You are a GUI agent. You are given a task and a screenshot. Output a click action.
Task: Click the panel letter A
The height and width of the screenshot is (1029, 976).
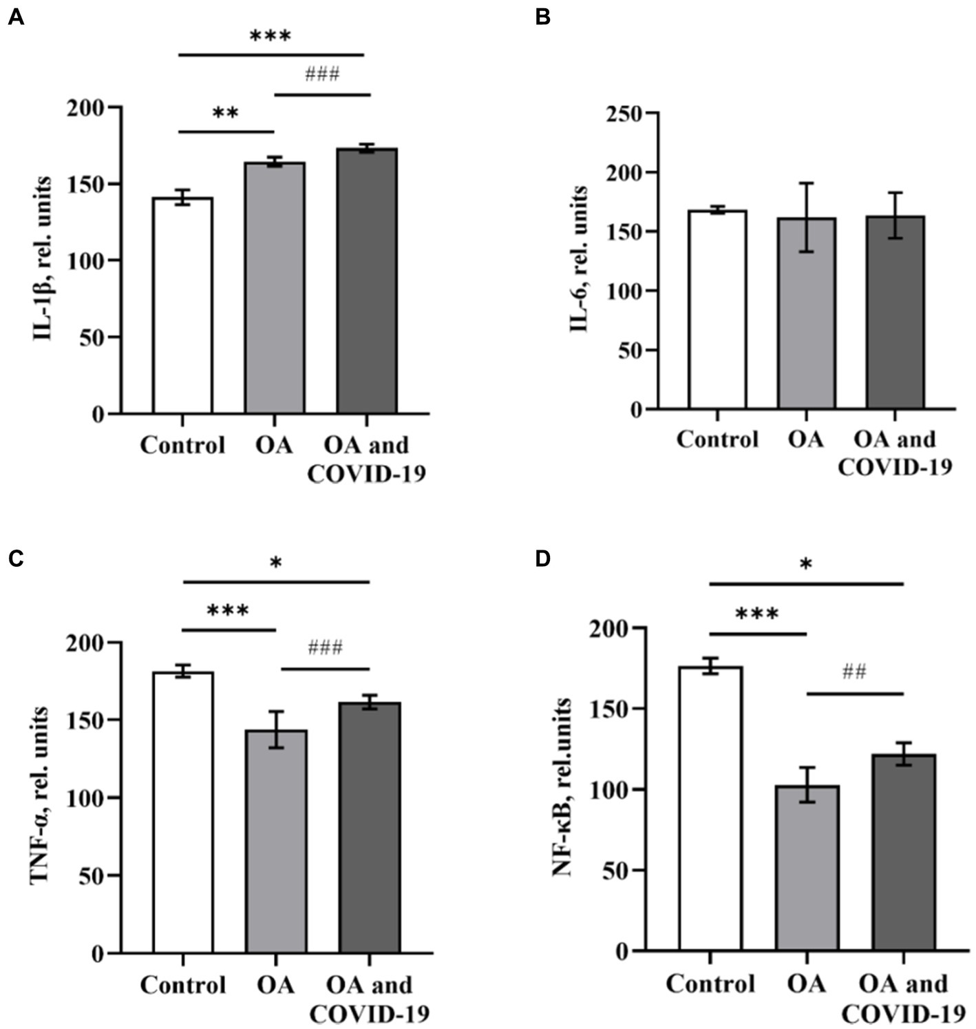(15, 18)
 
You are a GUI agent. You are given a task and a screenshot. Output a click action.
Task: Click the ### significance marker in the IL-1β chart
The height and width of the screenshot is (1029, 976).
(322, 74)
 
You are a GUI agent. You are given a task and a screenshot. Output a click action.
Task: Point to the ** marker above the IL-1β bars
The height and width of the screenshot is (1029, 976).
(226, 114)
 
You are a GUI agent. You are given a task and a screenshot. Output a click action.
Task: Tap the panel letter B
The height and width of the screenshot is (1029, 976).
(542, 18)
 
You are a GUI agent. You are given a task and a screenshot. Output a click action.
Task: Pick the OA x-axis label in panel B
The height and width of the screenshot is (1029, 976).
(806, 439)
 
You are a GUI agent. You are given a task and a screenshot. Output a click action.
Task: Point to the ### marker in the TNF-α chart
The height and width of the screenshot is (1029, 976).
(325, 647)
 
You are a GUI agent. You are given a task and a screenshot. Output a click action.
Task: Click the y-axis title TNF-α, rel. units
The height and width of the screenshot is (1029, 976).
(40, 796)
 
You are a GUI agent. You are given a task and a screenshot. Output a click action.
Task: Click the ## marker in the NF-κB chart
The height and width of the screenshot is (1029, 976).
(853, 672)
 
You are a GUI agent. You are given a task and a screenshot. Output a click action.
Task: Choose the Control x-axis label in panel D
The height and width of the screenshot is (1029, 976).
(710, 984)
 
